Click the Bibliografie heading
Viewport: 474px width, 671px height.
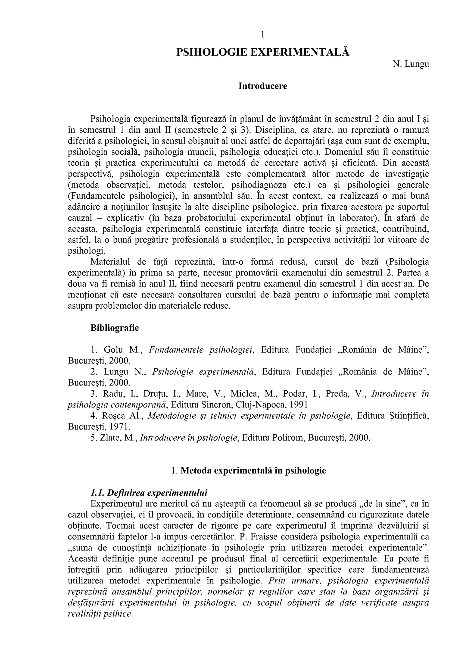[x=115, y=328]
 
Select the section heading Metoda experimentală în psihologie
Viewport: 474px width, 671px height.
[x=253, y=471]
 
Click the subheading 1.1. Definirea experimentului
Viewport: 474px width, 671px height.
[x=149, y=493]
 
